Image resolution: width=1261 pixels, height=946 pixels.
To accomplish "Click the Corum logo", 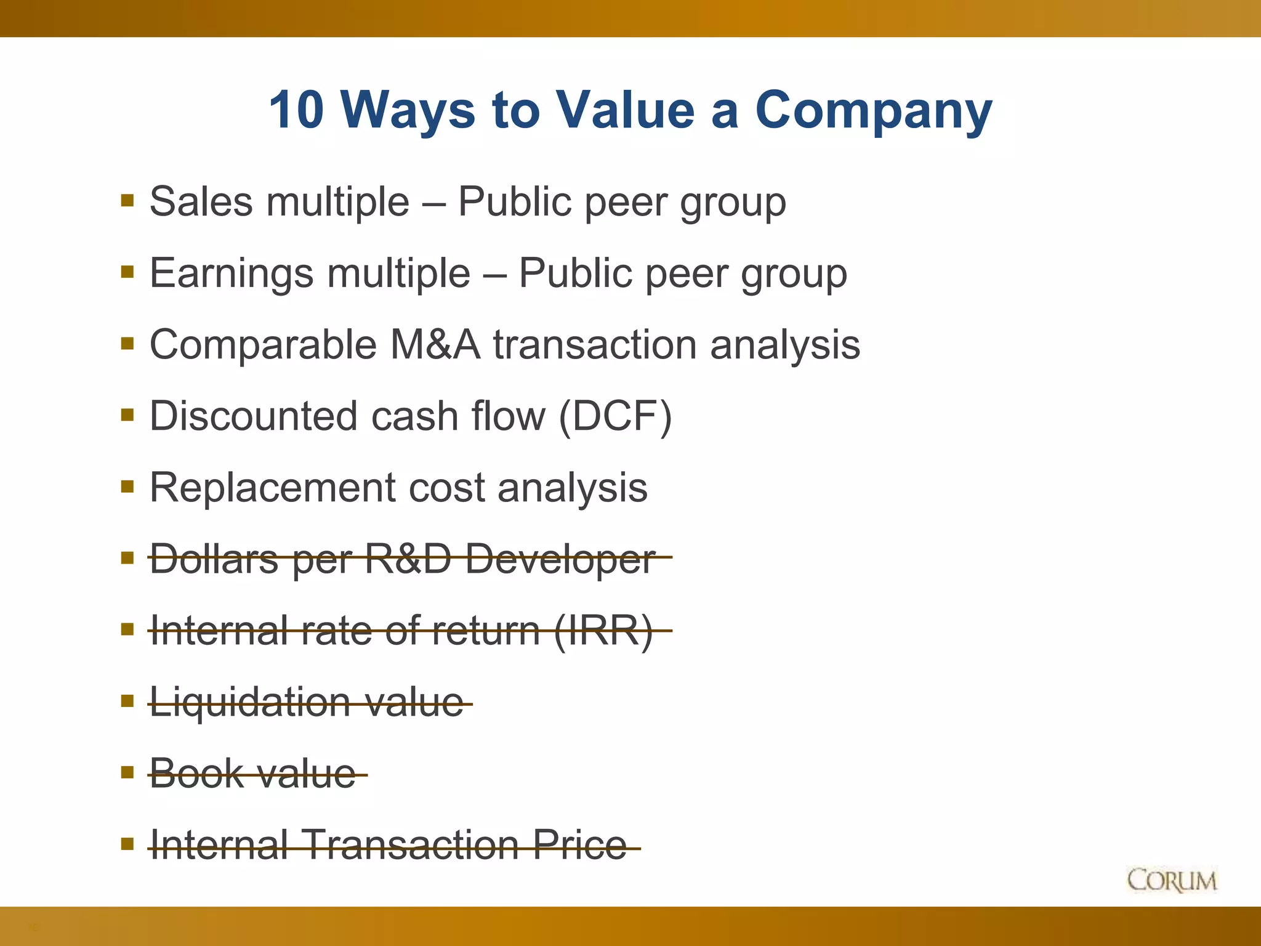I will click(1172, 880).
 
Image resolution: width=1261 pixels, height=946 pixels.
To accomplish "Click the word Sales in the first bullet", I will click(201, 201).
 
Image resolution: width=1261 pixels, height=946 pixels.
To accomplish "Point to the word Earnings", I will click(231, 273).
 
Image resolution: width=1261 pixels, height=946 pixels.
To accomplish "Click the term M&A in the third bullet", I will click(435, 344).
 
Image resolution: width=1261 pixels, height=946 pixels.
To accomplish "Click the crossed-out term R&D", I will click(408, 559).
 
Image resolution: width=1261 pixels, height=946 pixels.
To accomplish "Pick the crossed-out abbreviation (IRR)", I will click(603, 631).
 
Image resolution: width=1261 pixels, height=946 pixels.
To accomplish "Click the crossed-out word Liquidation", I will click(250, 702).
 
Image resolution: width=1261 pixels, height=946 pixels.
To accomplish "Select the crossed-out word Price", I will click(579, 844).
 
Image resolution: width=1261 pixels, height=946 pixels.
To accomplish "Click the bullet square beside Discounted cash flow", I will click(127, 416).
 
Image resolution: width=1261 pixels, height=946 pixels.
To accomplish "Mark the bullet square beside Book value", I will click(127, 772).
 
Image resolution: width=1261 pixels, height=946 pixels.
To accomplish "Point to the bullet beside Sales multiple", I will click(127, 201).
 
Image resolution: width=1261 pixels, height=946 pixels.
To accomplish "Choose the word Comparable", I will click(263, 345).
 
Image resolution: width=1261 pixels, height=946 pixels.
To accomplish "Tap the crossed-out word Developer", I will click(559, 559).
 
